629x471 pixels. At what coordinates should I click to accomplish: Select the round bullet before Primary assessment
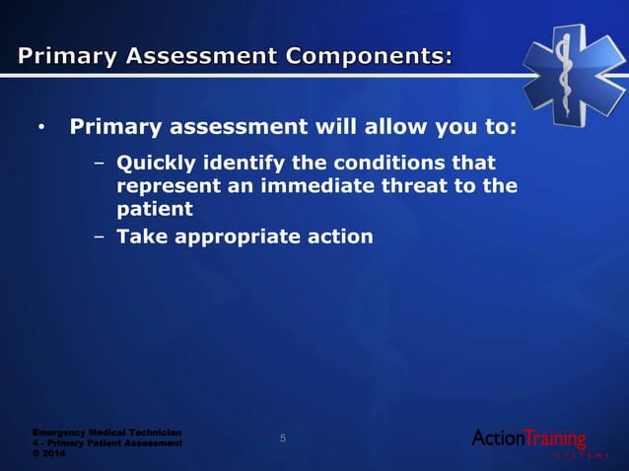pyautogui.click(x=40, y=129)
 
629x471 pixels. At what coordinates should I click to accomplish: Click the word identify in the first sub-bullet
pyautogui.click(x=242, y=162)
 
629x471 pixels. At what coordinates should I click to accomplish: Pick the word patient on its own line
pyautogui.click(x=154, y=209)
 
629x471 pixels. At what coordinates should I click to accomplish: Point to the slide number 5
pyautogui.click(x=283, y=438)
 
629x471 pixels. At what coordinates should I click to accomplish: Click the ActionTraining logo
pyautogui.click(x=529, y=439)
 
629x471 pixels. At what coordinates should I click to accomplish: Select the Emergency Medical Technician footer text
pyautogui.click(x=106, y=432)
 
